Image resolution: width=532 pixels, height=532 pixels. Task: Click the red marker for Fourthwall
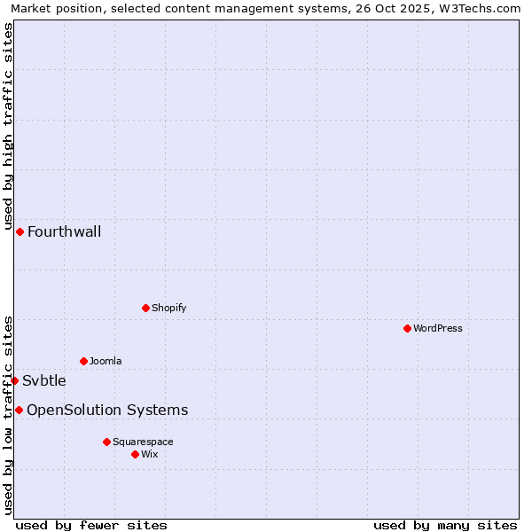[20, 231]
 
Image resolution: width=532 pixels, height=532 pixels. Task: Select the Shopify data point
[145, 308]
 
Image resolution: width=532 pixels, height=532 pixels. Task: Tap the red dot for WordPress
[407, 328]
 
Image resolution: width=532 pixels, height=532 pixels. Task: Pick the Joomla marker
[83, 361]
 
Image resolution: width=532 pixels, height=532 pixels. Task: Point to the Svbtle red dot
[14, 380]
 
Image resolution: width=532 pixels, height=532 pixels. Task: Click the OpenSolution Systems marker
[19, 410]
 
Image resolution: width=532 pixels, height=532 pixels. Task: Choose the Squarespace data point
[106, 442]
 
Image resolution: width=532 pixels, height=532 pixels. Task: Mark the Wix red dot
[135, 454]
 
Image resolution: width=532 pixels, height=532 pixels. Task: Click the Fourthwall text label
[64, 232]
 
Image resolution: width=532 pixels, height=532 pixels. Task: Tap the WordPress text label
[438, 329]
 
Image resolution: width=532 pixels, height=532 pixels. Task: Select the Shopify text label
[168, 309]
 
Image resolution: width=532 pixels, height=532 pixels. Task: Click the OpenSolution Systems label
[107, 410]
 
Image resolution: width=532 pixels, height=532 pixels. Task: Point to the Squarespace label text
[143, 442]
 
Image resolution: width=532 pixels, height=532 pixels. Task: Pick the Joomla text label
[106, 362]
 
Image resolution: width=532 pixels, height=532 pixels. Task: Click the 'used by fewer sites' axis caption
[91, 525]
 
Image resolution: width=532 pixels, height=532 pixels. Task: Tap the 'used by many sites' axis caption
[445, 525]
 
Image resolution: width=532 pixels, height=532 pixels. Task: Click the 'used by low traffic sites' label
[8, 415]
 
